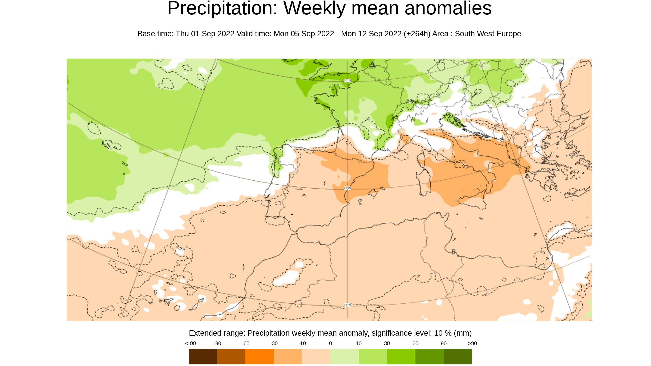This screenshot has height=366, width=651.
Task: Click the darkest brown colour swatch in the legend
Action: coord(203,356)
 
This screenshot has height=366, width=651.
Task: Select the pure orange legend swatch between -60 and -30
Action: coord(259,356)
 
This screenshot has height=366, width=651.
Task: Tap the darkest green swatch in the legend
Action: coord(458,356)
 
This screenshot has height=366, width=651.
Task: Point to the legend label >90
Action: coord(472,343)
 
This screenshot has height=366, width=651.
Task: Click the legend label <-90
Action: coord(190,343)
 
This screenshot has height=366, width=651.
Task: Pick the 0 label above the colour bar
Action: coord(330,343)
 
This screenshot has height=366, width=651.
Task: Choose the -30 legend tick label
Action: coord(274,343)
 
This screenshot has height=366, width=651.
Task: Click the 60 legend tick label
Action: coord(415,343)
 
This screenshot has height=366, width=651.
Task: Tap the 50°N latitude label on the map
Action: coord(347,80)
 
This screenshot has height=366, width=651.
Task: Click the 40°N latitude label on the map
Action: coord(347,188)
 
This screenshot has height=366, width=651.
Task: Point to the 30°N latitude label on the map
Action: coord(347,305)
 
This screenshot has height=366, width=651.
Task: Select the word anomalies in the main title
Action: coord(448,9)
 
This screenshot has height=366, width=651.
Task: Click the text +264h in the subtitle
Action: coord(417,34)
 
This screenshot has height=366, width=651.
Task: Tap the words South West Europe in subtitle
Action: coord(488,34)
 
